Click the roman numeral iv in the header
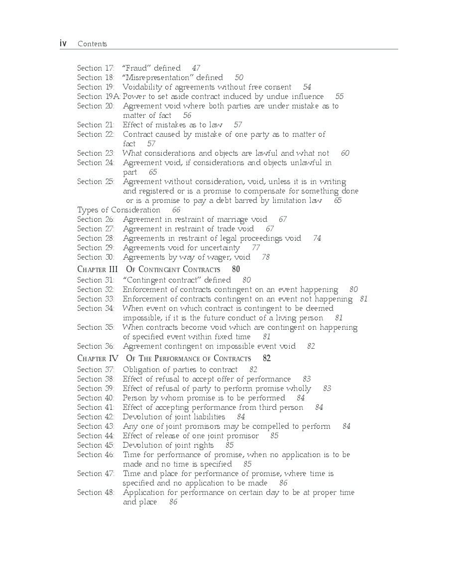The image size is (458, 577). click(63, 44)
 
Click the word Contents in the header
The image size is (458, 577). click(92, 44)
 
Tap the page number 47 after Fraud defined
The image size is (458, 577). click(196, 68)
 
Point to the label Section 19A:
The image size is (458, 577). click(99, 96)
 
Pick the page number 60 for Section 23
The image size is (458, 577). click(345, 153)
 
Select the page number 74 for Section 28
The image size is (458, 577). click(317, 238)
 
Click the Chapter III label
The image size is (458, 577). click(98, 270)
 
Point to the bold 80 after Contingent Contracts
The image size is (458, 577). click(236, 270)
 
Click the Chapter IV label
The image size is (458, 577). click(98, 358)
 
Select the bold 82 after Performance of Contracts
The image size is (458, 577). click(267, 358)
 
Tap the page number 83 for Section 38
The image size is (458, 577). click(307, 379)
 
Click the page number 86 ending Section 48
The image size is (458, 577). click(173, 502)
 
